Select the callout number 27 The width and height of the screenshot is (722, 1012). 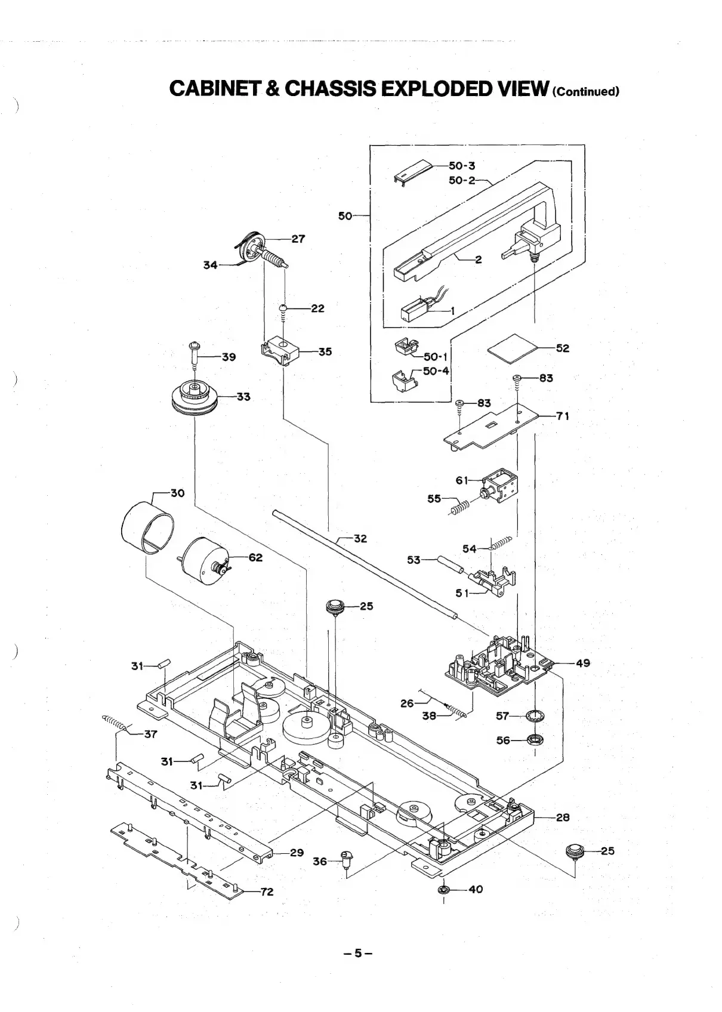coord(298,239)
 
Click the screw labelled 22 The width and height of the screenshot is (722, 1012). coord(283,308)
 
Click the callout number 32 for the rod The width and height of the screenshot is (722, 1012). coord(360,538)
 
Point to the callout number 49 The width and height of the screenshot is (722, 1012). coord(583,663)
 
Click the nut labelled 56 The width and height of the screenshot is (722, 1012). coord(535,741)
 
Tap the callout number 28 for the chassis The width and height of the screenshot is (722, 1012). coord(563,817)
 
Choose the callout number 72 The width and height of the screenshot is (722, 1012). coord(266,892)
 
